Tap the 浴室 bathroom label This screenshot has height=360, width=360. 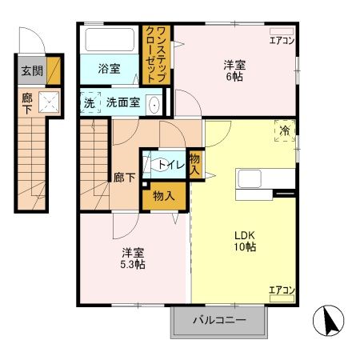(110, 69)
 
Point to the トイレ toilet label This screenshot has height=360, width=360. (170, 166)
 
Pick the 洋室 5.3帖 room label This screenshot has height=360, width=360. (133, 258)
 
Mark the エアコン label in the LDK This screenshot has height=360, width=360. (281, 290)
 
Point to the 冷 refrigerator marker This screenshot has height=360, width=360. (284, 130)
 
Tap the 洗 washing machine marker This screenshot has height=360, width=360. (90, 102)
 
